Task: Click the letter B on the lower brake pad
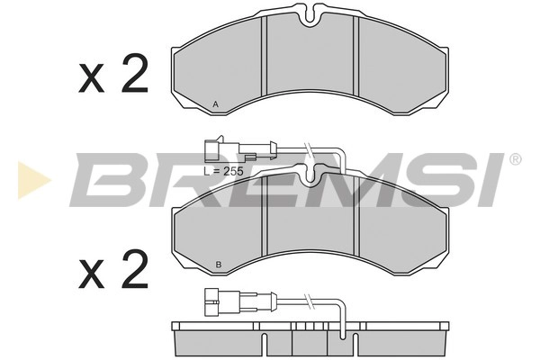[219, 265]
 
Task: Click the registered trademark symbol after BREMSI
[515, 159]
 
